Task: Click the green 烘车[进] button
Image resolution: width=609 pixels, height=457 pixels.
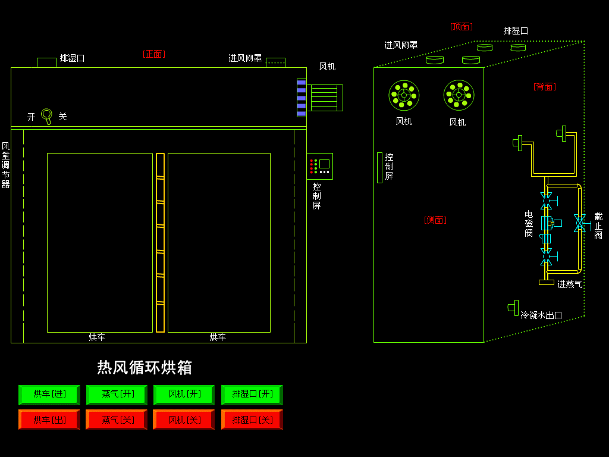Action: (x=49, y=395)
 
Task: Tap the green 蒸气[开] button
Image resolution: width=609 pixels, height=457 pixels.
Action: (x=117, y=395)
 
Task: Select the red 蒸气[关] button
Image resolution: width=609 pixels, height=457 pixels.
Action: (x=117, y=420)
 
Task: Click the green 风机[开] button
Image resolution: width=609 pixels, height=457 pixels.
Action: (x=184, y=395)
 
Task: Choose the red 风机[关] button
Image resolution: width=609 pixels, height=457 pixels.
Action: (x=184, y=420)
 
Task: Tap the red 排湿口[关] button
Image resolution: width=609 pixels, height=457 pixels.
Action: (x=252, y=420)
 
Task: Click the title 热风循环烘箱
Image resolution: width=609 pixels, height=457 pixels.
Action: (x=145, y=367)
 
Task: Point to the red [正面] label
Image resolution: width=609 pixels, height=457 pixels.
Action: (x=154, y=54)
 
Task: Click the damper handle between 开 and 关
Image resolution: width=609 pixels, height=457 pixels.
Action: (x=46, y=115)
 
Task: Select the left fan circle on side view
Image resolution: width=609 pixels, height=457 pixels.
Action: (x=404, y=95)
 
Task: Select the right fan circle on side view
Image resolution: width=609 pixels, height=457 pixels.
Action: (x=459, y=95)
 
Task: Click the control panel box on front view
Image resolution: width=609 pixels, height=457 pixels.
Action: (x=319, y=166)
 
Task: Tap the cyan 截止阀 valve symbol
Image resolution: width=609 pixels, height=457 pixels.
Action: (x=579, y=223)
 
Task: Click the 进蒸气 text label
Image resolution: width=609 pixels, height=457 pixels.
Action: (x=569, y=284)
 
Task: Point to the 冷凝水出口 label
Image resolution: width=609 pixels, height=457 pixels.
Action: (x=541, y=315)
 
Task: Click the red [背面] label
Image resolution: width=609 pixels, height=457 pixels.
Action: (x=544, y=87)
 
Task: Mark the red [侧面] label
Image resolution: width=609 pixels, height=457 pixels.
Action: (x=435, y=220)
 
